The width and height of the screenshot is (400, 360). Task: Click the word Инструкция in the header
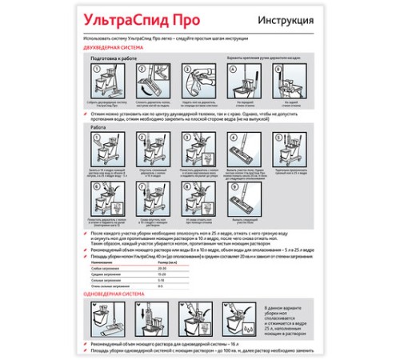286,20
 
